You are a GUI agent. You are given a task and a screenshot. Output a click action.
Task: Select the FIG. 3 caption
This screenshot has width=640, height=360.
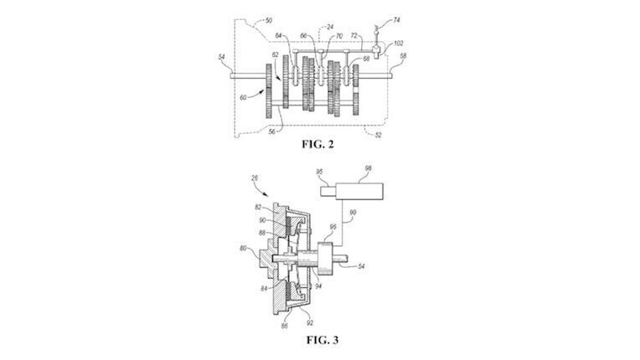click(319, 341)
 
